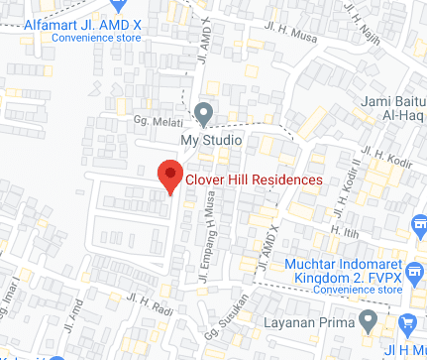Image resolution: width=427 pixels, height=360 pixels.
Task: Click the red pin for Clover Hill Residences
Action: pyautogui.click(x=170, y=176)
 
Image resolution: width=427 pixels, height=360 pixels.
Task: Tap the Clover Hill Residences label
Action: pyautogui.click(x=255, y=180)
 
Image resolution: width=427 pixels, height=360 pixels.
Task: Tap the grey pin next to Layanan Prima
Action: pyautogui.click(x=369, y=321)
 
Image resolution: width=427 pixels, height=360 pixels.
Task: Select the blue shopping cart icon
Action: pyautogui.click(x=408, y=323)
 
